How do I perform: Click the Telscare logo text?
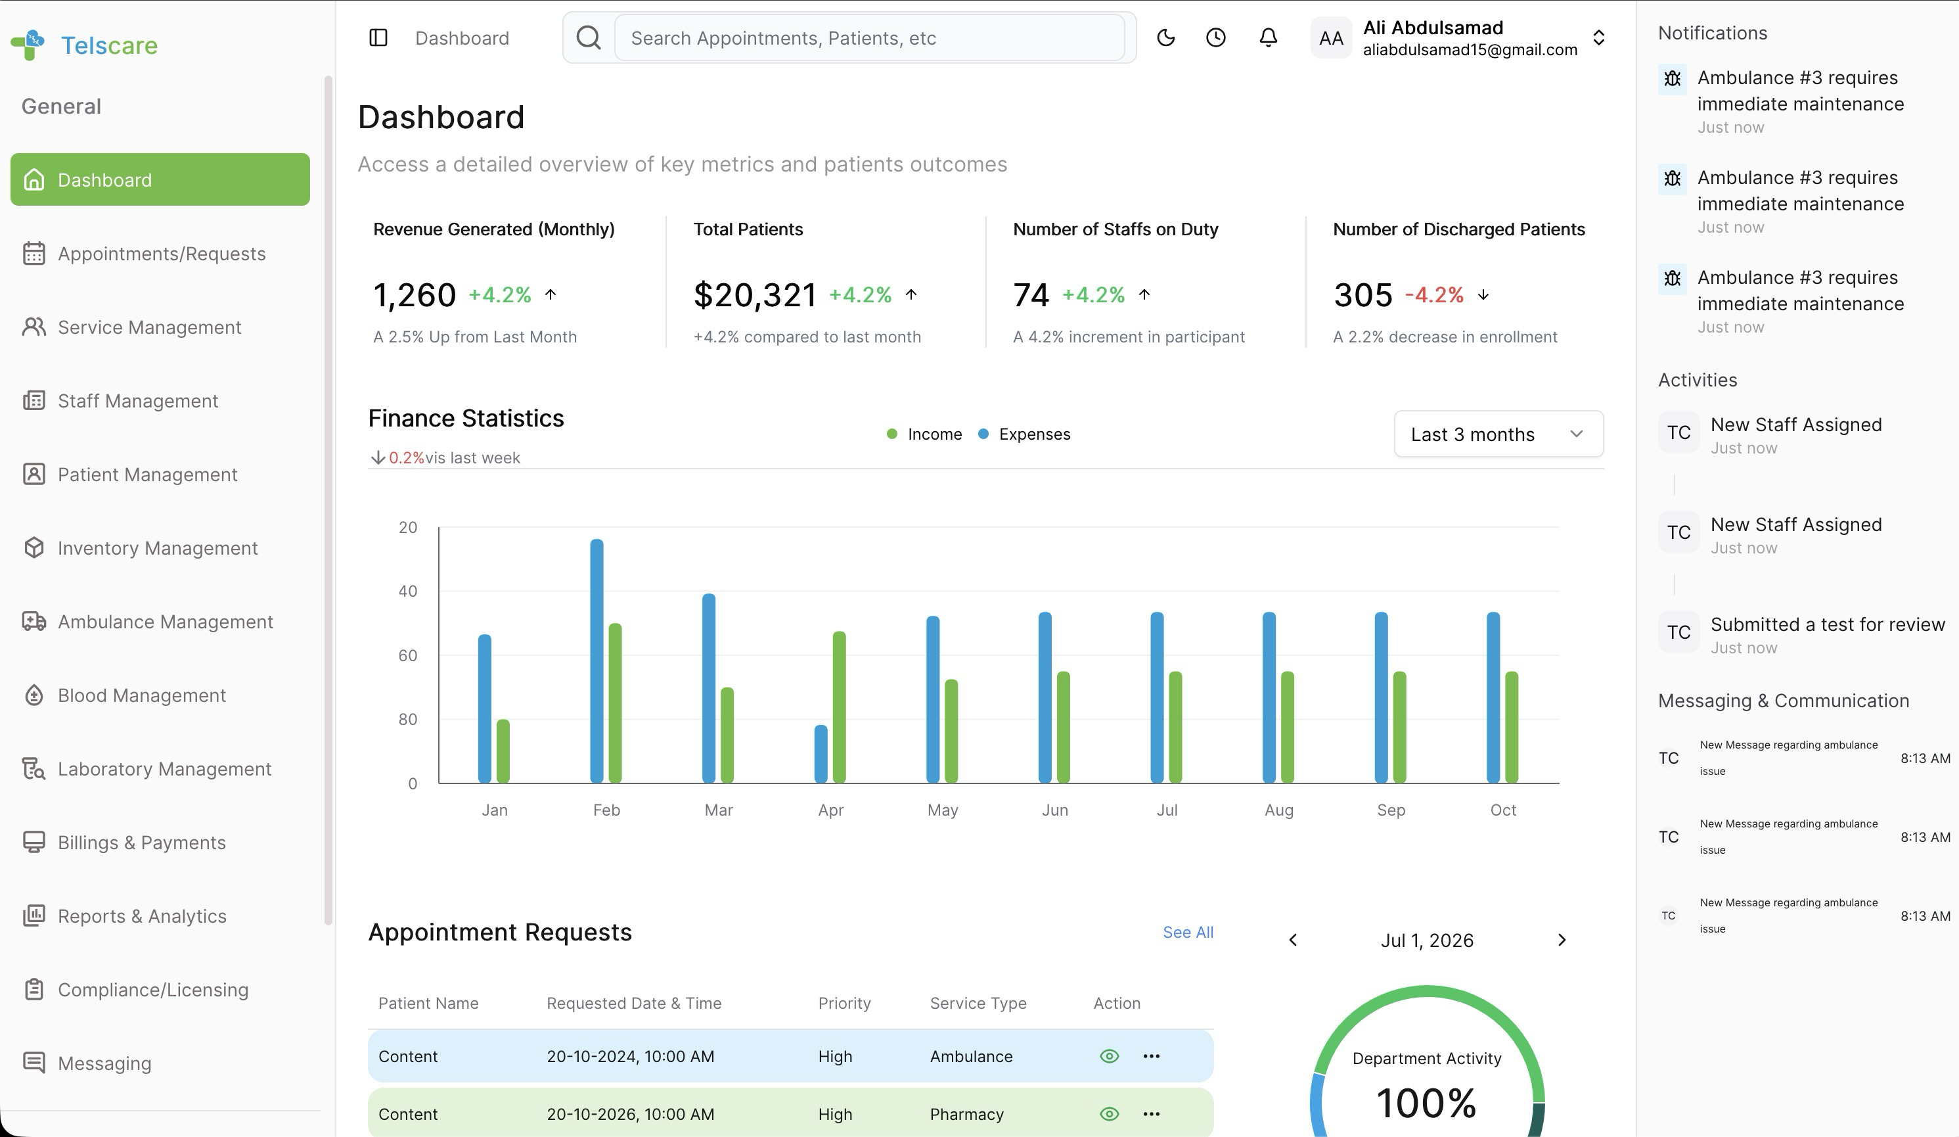109,45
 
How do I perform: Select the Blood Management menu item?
141,695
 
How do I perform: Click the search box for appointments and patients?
869,38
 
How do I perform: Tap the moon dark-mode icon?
1165,37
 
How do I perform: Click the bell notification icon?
1268,37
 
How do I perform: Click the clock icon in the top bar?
1216,37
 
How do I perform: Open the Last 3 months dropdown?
1498,434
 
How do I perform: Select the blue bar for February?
597,661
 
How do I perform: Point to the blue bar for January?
484,708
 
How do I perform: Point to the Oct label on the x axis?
1502,810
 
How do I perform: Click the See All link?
1188,932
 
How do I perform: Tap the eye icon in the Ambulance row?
1110,1056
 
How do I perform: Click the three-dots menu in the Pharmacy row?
1152,1114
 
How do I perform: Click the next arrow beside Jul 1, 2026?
1562,940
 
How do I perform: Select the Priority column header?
844,1003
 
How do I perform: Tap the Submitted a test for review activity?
1828,624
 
